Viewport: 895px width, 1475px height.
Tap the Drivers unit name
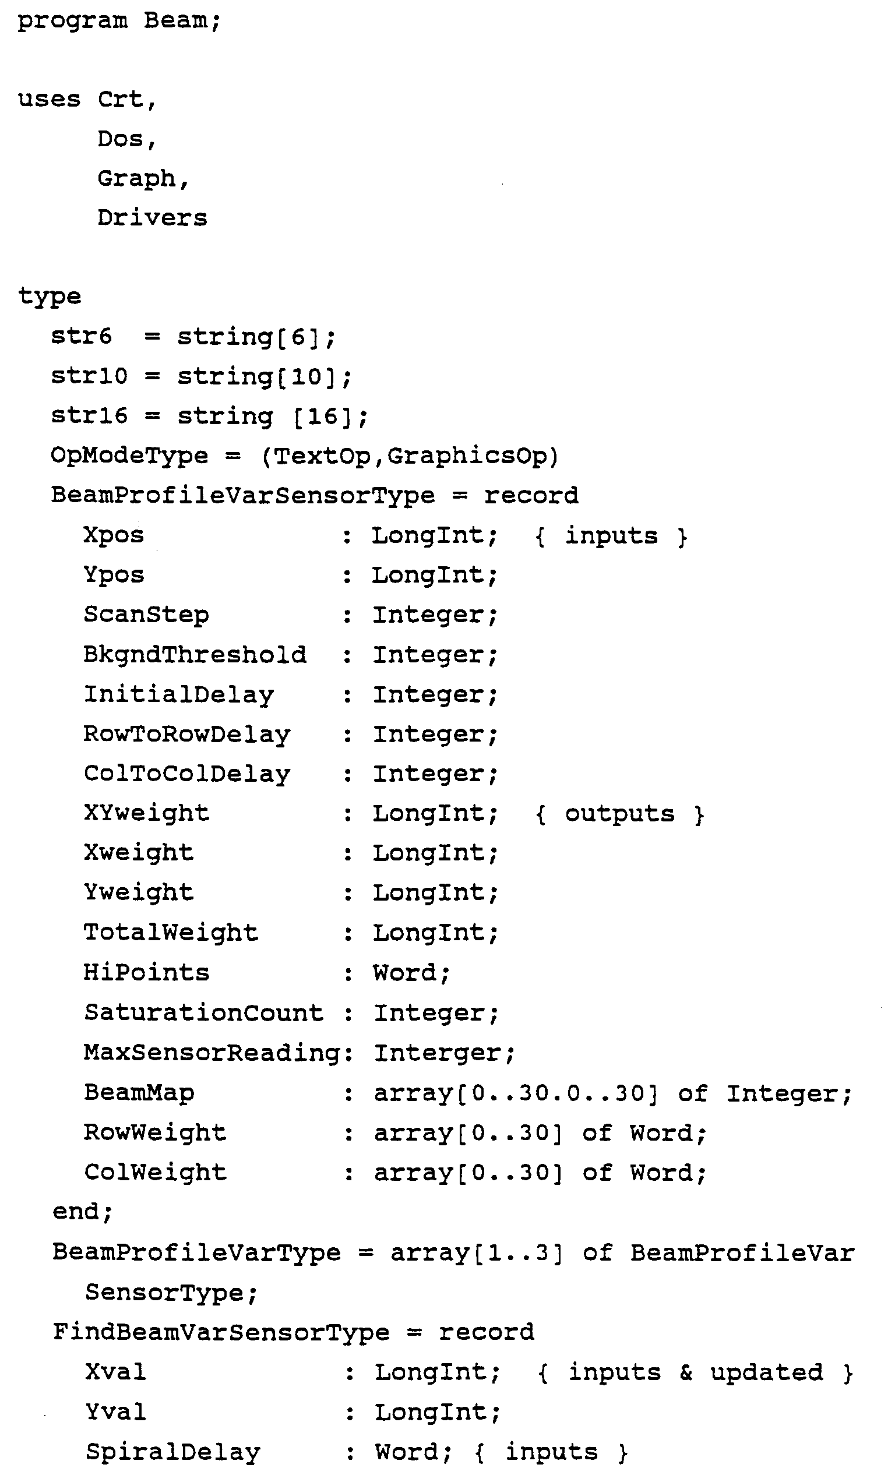point(152,218)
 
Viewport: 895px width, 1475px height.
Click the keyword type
point(49,297)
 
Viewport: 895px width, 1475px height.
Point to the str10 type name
point(89,376)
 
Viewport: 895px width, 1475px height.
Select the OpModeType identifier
point(129,456)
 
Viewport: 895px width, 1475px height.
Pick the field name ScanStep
point(146,615)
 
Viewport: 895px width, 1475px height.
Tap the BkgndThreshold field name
point(195,655)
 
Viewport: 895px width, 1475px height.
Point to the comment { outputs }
point(619,814)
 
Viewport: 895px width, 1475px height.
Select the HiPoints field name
point(146,973)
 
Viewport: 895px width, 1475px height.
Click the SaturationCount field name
point(203,1013)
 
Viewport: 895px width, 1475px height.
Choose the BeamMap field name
point(139,1092)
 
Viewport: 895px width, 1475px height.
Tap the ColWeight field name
point(155,1172)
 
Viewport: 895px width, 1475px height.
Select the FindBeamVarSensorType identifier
point(221,1332)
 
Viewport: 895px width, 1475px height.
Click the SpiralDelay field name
point(172,1452)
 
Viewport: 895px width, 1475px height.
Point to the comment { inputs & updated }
point(695,1372)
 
